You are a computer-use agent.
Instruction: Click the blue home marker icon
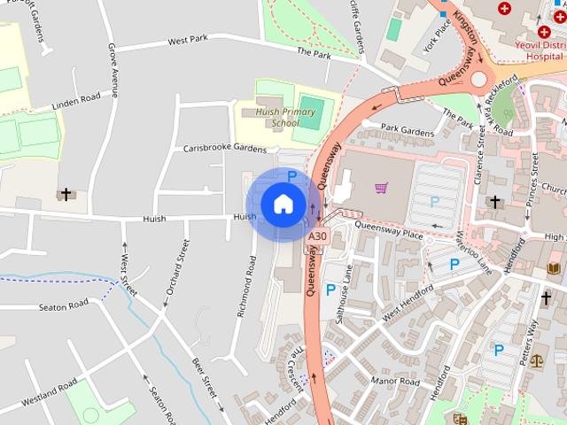[x=283, y=205]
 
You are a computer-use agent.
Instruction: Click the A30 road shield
[x=317, y=237]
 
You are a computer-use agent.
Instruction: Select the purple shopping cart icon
[x=381, y=188]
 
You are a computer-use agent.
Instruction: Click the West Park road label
[x=187, y=40]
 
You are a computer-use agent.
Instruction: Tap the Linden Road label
[x=77, y=102]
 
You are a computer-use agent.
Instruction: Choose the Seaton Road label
[x=64, y=305]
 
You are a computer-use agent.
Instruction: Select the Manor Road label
[x=395, y=382]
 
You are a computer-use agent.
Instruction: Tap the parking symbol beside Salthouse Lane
[x=330, y=290]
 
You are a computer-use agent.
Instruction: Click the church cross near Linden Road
[x=66, y=193]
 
